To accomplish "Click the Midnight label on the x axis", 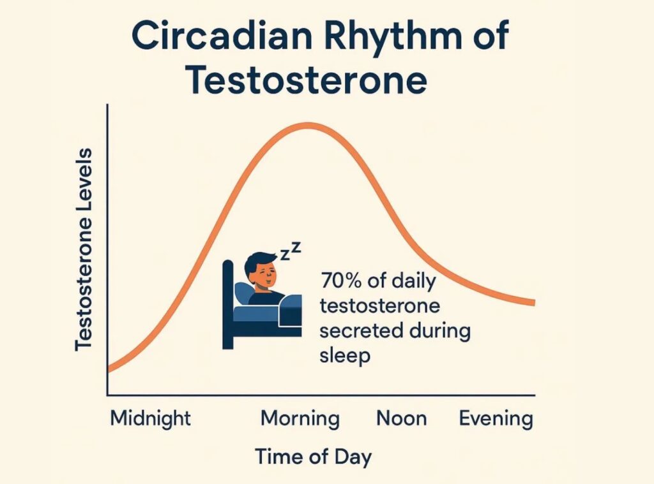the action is [150, 418].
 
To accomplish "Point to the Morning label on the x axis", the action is [300, 418].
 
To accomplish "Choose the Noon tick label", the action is [402, 418].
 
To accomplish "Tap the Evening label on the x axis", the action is [496, 418].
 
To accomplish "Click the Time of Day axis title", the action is [313, 457].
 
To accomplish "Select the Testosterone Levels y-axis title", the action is [84, 249].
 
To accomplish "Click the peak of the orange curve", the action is [308, 126].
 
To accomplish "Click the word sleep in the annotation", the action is [345, 356].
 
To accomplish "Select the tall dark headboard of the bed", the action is [228, 304].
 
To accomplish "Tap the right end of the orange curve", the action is [535, 303].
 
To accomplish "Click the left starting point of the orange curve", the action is [109, 369].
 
